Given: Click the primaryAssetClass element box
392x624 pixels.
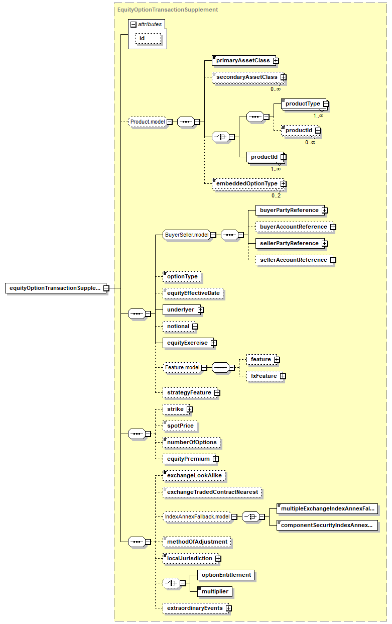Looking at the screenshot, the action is tap(244, 60).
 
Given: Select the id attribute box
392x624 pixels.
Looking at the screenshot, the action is tap(148, 39).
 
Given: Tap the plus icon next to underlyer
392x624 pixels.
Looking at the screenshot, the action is tap(201, 310).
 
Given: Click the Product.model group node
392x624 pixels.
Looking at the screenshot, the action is tap(148, 122).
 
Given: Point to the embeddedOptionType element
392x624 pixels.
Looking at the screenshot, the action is tap(248, 183).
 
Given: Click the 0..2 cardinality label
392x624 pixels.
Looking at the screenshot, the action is tap(276, 195).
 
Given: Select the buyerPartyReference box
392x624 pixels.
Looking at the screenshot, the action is tap(290, 211).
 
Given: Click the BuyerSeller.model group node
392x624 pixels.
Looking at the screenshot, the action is tap(187, 235).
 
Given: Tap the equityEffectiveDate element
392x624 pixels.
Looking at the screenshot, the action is tap(193, 293).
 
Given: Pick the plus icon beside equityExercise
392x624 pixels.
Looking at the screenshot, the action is tap(213, 343).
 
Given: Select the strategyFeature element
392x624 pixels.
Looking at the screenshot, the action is tap(190, 392).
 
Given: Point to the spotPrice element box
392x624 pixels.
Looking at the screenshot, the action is tap(180, 426).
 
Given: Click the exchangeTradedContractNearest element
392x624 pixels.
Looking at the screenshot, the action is tap(212, 492).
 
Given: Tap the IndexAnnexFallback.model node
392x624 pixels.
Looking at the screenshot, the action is tap(197, 517).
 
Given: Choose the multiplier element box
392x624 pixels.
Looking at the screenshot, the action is tap(215, 591).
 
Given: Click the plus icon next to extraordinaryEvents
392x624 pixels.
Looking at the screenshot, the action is tap(228, 608).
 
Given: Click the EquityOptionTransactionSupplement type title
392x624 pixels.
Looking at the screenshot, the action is tap(168, 10).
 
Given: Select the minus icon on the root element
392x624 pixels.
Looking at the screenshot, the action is tap(106, 288).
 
